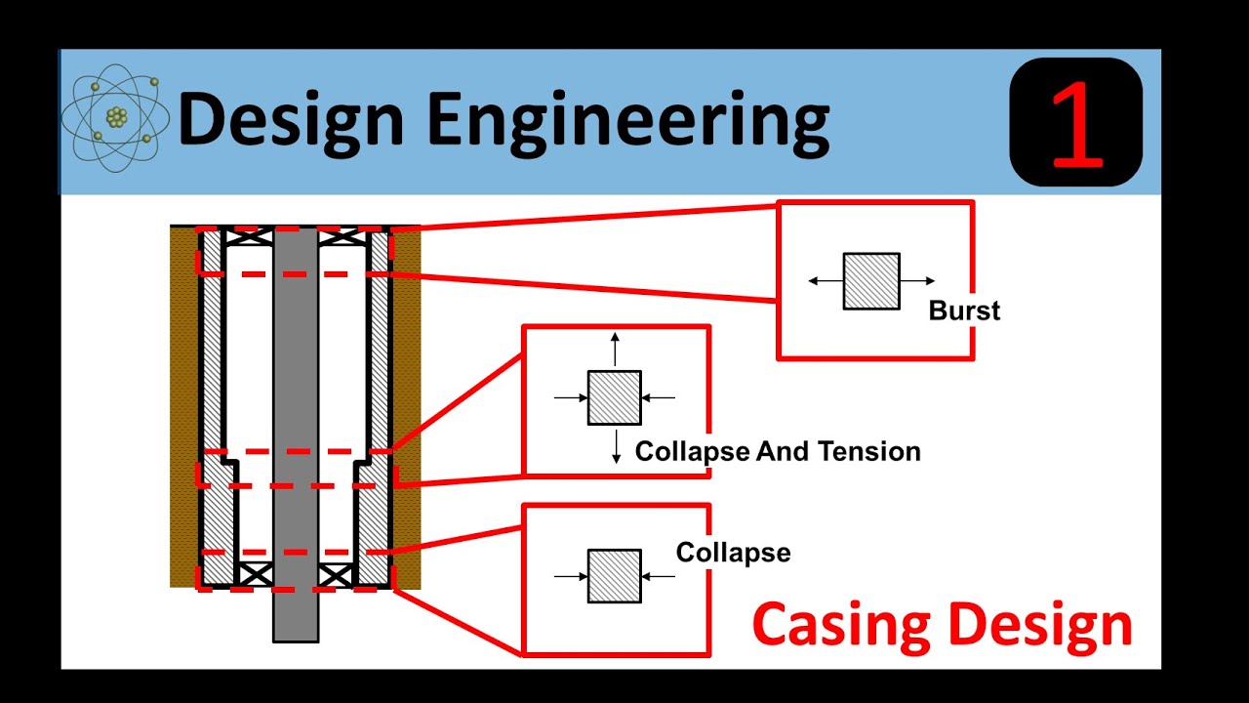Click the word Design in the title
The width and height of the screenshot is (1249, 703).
click(291, 121)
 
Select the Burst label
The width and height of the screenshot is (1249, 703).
click(964, 311)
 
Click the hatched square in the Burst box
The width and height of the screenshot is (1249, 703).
click(871, 281)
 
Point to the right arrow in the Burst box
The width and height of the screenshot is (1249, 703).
click(918, 281)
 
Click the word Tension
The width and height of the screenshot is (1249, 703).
click(868, 451)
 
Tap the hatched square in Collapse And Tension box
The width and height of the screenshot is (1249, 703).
click(615, 397)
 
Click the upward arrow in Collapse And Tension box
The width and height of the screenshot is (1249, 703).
click(615, 349)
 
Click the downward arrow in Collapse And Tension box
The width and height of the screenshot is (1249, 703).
click(616, 446)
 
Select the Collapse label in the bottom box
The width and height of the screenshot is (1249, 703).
click(733, 553)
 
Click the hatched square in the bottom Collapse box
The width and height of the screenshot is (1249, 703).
click(615, 576)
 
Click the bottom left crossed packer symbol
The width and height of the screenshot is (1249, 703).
click(256, 575)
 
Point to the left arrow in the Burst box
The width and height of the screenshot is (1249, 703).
click(826, 281)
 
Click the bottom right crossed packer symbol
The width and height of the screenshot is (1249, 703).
click(336, 575)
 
